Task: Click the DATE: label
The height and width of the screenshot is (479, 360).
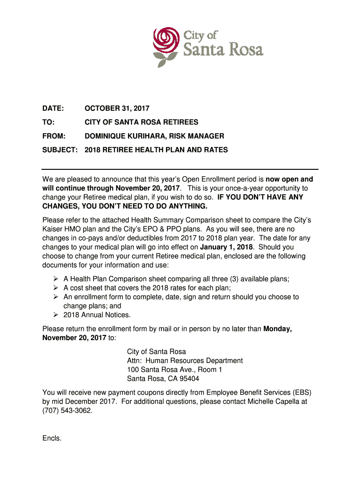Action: [x=53, y=109]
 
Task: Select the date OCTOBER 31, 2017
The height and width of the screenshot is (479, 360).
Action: [x=117, y=109]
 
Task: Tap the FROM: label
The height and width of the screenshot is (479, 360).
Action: [x=54, y=136]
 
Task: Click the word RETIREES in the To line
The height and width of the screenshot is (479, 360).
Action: [x=180, y=123]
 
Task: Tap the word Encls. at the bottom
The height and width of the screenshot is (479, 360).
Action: [x=52, y=438]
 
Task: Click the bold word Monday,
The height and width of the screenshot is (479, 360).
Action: [x=278, y=329]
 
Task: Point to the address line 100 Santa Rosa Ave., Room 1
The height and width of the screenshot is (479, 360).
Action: [x=175, y=370]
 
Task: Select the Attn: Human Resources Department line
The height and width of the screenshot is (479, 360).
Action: [x=185, y=361]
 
